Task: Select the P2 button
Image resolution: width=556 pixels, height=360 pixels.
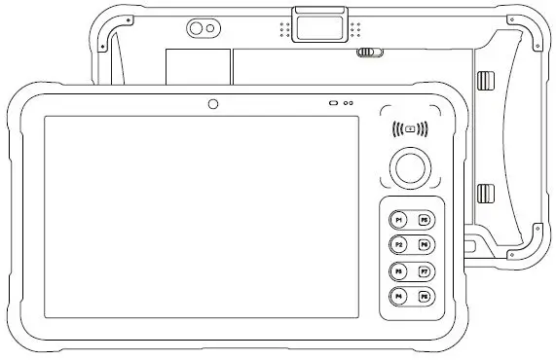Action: pos(399,244)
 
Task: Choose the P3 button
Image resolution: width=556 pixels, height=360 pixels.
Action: pos(399,270)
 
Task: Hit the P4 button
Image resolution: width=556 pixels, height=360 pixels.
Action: pos(399,296)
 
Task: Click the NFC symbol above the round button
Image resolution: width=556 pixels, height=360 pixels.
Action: pos(410,127)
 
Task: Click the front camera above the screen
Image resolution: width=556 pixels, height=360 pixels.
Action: pos(212,103)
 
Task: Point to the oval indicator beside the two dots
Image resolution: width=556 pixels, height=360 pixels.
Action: pos(333,103)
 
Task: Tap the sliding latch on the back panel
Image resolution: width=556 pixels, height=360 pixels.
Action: pos(367,54)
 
